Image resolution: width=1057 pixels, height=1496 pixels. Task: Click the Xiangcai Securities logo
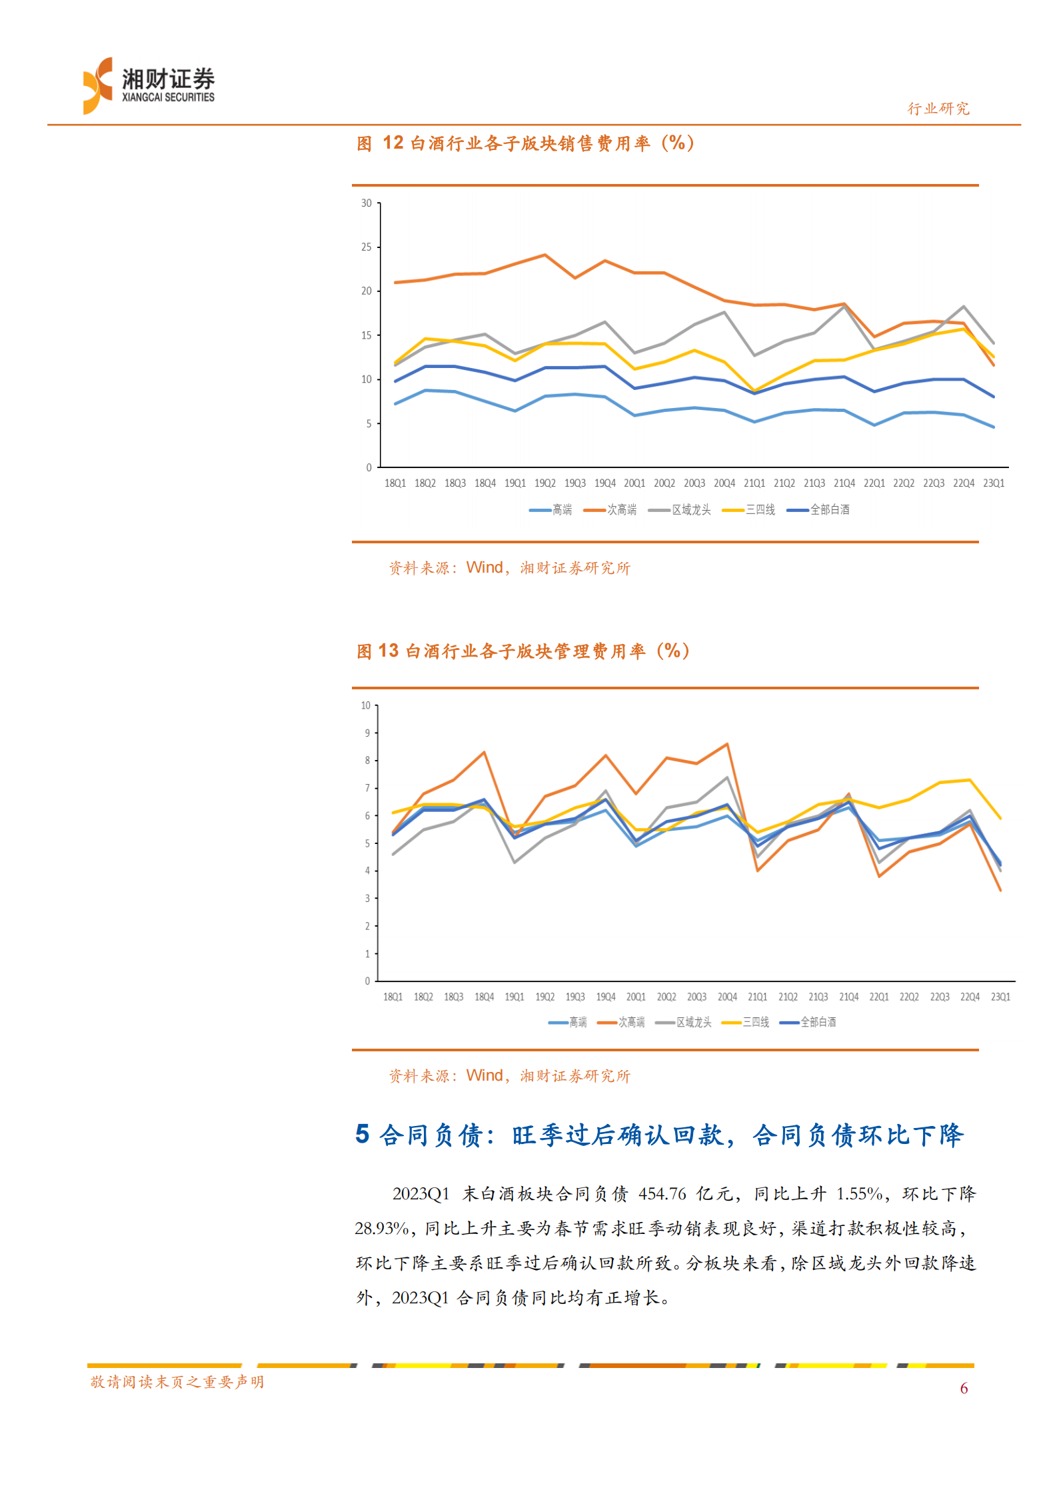click(x=148, y=85)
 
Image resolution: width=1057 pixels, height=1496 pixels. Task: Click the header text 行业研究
click(x=938, y=109)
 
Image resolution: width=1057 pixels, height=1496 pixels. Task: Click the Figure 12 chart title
click(x=525, y=143)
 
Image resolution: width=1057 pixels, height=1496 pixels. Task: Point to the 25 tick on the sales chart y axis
click(x=367, y=247)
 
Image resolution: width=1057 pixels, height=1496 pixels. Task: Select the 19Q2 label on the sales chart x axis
click(x=544, y=483)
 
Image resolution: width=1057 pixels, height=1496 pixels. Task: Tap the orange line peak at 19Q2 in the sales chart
click(x=545, y=255)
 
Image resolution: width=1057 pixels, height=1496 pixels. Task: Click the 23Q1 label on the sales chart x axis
click(x=993, y=483)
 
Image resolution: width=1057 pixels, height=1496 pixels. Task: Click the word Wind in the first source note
click(x=485, y=567)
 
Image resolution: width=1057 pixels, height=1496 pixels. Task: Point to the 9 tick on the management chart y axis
click(x=367, y=733)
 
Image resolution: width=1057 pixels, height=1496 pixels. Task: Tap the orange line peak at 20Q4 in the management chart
click(x=727, y=744)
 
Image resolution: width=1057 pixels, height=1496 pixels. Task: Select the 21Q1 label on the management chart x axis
click(x=757, y=997)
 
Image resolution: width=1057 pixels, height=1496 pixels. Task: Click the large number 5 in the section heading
click(x=362, y=1135)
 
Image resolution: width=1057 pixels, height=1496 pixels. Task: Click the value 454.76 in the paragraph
click(x=662, y=1194)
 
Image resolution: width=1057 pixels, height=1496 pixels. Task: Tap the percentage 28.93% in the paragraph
click(x=381, y=1229)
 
